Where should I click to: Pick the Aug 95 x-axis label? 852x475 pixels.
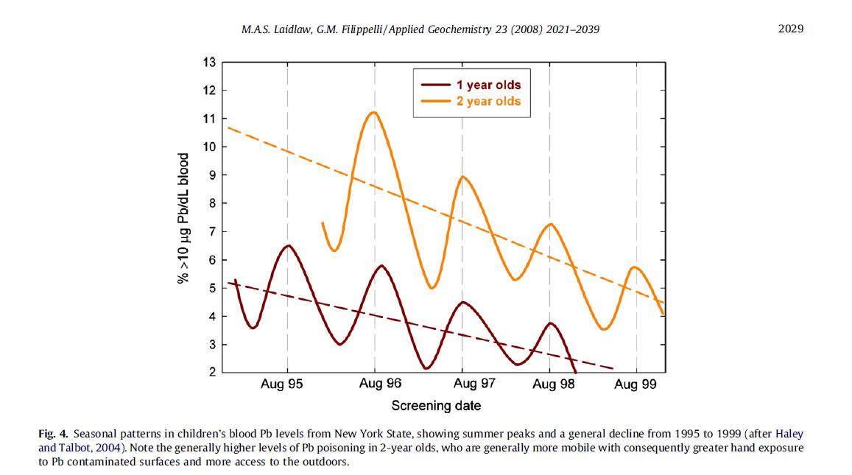pos(281,384)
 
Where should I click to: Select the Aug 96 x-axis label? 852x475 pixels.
pos(381,384)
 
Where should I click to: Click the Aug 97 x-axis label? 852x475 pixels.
pos(474,384)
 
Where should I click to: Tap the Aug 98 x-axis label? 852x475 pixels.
pos(553,384)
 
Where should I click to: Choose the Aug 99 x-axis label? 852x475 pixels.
pos(636,384)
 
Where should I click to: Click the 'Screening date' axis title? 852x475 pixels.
pos(436,406)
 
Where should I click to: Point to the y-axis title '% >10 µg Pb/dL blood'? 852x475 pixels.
pos(183,218)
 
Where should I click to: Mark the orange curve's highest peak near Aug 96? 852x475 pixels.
pos(374,112)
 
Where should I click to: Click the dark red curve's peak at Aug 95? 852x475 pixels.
pos(288,245)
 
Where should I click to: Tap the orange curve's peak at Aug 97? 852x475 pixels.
pos(462,176)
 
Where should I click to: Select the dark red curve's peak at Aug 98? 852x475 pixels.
pos(551,323)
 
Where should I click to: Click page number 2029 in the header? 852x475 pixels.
pos(790,29)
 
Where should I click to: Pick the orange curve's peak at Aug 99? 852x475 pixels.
pos(634,267)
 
